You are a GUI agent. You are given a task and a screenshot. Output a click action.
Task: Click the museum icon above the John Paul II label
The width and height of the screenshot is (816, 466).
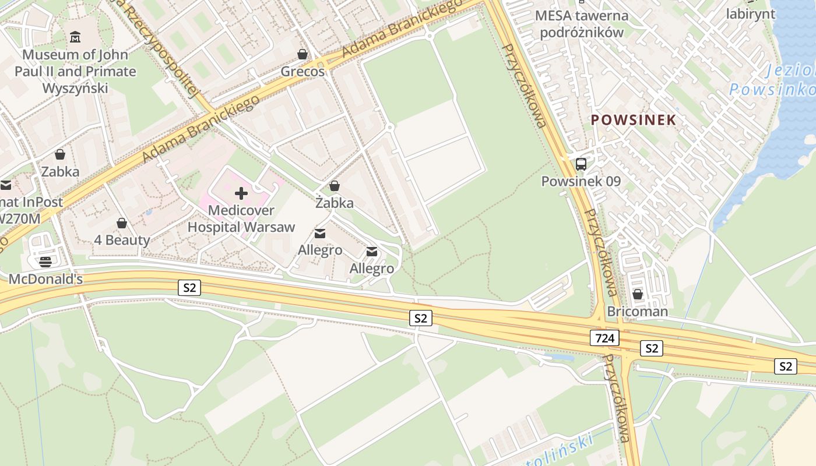pos(75,38)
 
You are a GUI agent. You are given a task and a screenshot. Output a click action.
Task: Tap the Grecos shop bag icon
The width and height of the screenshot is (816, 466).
pos(303,54)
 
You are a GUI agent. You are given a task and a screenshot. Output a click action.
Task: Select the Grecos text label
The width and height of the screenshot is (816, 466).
pos(303,72)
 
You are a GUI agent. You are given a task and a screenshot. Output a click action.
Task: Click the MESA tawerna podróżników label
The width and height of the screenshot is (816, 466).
pos(582,24)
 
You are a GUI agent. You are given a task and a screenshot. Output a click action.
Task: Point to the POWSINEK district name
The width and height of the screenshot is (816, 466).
pos(634,120)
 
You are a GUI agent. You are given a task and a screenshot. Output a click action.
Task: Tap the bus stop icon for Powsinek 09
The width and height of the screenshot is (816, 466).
pos(581,164)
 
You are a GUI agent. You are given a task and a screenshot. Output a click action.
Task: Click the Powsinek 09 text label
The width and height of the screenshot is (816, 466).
pos(581,181)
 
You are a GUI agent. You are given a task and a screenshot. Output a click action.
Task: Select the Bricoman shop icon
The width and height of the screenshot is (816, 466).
pos(638,294)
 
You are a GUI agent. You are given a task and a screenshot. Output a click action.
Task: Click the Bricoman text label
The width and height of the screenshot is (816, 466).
pos(638,312)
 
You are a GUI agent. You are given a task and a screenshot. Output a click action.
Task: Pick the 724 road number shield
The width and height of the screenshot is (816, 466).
pos(604,337)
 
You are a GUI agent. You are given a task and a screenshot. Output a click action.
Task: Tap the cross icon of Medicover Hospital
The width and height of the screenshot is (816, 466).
pos(241,193)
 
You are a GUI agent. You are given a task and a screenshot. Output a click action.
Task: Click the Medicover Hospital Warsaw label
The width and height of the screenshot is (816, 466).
pos(241,218)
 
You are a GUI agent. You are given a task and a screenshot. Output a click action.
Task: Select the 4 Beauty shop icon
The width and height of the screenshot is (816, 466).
pos(122,223)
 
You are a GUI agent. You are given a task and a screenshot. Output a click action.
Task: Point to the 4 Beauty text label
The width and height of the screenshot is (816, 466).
pos(122,240)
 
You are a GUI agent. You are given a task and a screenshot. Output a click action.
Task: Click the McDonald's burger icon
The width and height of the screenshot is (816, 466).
pos(45,262)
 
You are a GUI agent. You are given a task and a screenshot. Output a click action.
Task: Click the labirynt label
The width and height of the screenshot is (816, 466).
pos(751,14)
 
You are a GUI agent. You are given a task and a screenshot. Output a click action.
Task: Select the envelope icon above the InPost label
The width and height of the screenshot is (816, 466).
pos(6,186)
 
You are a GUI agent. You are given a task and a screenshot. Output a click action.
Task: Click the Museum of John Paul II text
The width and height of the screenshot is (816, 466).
pos(75,71)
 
